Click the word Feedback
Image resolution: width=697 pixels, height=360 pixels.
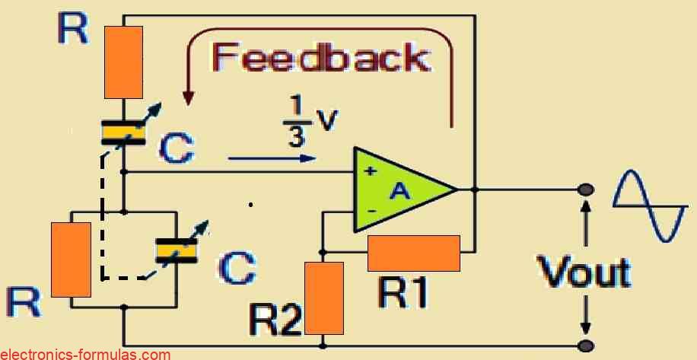(320, 58)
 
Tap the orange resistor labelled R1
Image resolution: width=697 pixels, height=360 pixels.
(414, 253)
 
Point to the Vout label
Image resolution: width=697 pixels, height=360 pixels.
(584, 272)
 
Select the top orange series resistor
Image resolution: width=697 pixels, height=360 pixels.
(123, 62)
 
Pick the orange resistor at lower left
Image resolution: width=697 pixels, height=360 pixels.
(71, 259)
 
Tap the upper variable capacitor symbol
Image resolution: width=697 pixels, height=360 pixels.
(124, 132)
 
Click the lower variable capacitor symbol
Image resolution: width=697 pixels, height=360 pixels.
(177, 250)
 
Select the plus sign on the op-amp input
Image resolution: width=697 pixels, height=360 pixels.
(370, 171)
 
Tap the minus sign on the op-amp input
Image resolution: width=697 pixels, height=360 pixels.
(370, 210)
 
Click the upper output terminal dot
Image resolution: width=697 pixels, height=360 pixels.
(586, 190)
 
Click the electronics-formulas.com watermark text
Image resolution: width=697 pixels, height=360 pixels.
(85, 354)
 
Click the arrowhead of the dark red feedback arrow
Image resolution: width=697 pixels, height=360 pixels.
(188, 99)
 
